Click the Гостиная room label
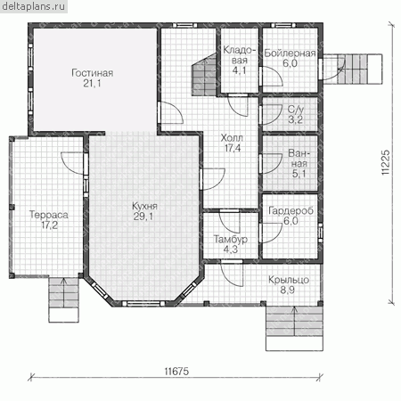(93, 73)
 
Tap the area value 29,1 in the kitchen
(143, 217)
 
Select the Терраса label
(49, 215)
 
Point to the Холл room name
(232, 138)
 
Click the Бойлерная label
(290, 53)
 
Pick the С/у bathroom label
(296, 110)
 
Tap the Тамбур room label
(231, 239)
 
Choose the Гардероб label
(291, 210)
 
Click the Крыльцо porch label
(289, 280)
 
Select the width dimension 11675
(176, 372)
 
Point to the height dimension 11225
(385, 162)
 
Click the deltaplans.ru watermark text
(33, 6)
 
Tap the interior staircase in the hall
(204, 75)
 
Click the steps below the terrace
(63, 299)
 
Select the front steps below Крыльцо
(294, 328)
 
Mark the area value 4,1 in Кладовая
(240, 70)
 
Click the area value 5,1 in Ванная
(299, 174)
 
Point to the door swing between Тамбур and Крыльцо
(232, 274)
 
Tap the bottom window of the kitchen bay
(143, 303)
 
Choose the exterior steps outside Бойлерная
(353, 69)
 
